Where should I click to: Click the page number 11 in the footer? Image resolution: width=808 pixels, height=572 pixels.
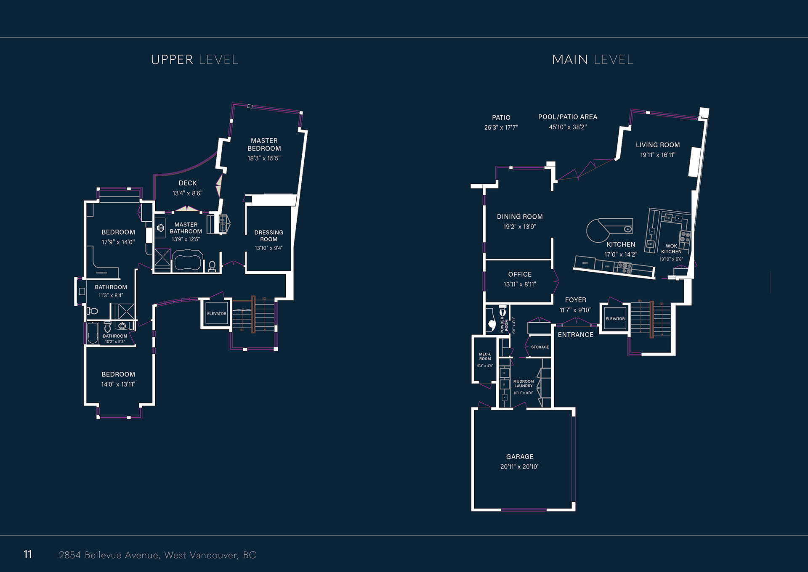click(28, 554)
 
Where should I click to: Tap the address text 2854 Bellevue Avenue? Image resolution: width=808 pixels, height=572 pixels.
click(109, 555)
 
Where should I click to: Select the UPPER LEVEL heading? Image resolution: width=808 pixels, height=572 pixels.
click(194, 60)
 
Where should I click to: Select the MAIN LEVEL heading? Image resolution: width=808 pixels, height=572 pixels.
click(593, 60)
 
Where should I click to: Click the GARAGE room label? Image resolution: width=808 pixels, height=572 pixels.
click(520, 457)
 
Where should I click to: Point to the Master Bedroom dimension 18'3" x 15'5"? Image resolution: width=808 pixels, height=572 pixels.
click(264, 158)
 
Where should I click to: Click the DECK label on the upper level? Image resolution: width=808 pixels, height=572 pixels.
click(188, 183)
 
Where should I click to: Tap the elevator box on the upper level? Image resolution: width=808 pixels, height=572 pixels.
click(216, 314)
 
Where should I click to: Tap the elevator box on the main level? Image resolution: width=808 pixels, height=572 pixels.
click(615, 319)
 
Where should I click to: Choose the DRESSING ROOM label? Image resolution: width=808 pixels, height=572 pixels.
click(268, 236)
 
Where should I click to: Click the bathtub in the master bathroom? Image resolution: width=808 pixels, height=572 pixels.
click(188, 260)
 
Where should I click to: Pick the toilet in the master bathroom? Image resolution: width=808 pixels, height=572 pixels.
click(212, 266)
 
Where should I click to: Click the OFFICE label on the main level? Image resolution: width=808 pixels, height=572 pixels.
click(520, 274)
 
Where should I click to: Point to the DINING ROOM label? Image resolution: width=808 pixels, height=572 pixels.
click(520, 217)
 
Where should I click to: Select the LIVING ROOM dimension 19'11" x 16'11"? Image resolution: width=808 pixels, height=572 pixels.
click(658, 155)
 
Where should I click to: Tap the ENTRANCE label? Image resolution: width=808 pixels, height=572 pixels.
click(576, 335)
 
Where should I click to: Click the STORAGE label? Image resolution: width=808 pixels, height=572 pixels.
click(540, 347)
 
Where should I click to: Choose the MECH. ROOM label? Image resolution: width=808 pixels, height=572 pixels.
click(485, 357)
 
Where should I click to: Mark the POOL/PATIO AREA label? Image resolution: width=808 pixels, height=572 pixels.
click(568, 117)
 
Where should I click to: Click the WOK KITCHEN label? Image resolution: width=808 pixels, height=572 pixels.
click(671, 249)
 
